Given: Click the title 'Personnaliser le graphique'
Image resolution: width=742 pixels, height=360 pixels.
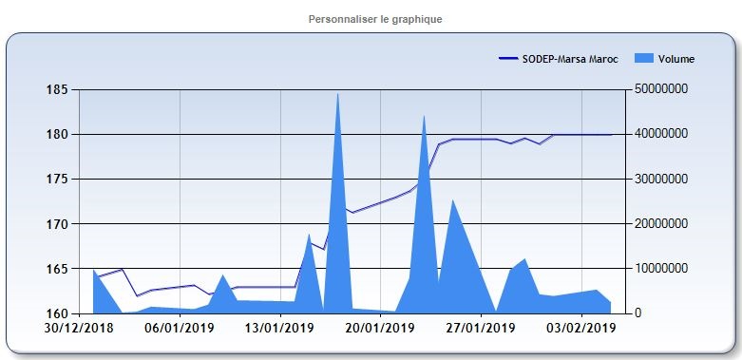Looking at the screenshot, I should [375, 19].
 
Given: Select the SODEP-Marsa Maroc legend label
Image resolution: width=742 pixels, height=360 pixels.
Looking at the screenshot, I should [570, 59].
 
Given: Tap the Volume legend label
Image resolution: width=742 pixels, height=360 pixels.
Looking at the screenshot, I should [675, 59].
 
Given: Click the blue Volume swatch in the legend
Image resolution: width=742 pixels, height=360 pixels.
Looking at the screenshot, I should [642, 59].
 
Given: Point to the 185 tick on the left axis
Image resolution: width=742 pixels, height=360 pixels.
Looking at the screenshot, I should [57, 89].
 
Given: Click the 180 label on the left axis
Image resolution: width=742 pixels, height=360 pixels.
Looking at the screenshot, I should [57, 134].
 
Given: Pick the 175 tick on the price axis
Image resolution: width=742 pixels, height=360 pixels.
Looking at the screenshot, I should [57, 179].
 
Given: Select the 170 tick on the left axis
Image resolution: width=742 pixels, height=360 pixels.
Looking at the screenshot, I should [57, 224].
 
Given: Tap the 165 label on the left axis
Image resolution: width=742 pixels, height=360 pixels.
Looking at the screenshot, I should [57, 269].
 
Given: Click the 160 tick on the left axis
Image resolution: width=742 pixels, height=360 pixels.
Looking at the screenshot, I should [57, 313].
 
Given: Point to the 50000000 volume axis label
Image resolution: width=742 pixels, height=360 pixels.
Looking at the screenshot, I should [664, 89].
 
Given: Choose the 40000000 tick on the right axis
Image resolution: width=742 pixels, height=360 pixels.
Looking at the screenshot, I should [664, 134].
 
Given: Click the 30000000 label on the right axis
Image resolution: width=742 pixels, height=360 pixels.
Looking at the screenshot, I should [664, 179].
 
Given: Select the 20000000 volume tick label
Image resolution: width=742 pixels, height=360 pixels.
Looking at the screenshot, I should [664, 224].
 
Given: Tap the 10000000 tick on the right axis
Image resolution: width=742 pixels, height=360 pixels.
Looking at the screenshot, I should [664, 269].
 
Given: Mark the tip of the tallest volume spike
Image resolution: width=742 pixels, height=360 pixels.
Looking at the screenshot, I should [338, 93].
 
